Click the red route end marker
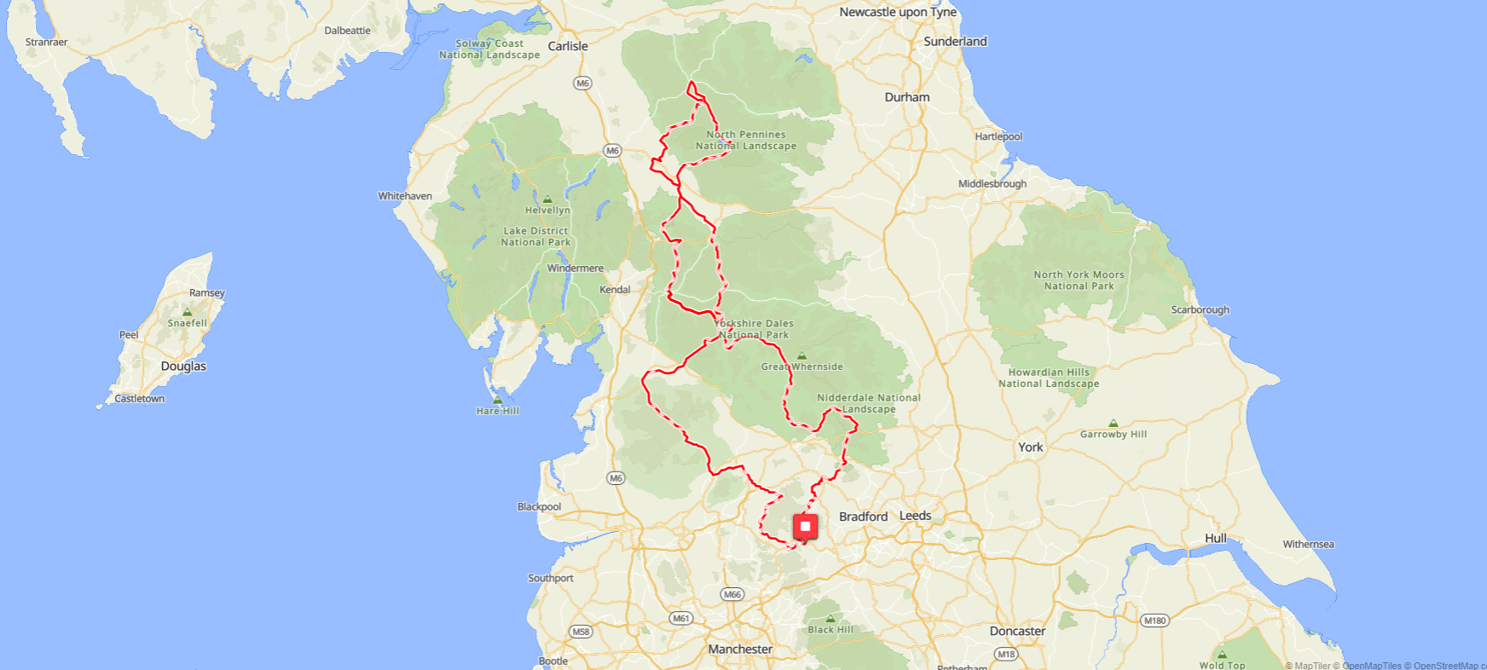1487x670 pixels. pyautogui.click(x=805, y=527)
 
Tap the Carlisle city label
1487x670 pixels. pyautogui.click(x=568, y=46)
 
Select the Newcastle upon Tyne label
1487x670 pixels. pyautogui.click(x=897, y=12)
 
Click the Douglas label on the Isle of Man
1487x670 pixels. pyautogui.click(x=183, y=367)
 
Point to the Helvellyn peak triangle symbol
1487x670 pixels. pyautogui.click(x=547, y=199)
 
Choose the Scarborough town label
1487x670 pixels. pyautogui.click(x=1200, y=310)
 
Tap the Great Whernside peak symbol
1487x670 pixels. pyautogui.click(x=801, y=356)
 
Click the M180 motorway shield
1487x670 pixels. pyautogui.click(x=1154, y=621)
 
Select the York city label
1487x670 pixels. pyautogui.click(x=1030, y=448)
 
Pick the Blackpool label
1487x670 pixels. pyautogui.click(x=539, y=507)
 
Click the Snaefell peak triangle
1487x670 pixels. pyautogui.click(x=188, y=313)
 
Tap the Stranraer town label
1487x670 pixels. pyautogui.click(x=46, y=42)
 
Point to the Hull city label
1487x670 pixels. pyautogui.click(x=1215, y=539)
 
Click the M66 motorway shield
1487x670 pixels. pyautogui.click(x=732, y=594)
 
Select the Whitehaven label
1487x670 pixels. pyautogui.click(x=405, y=196)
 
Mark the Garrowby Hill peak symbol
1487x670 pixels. pyautogui.click(x=1113, y=424)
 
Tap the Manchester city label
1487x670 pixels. pyautogui.click(x=739, y=650)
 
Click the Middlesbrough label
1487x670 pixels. pyautogui.click(x=992, y=184)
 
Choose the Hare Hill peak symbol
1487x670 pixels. pyautogui.click(x=497, y=400)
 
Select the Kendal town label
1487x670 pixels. pyautogui.click(x=615, y=290)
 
